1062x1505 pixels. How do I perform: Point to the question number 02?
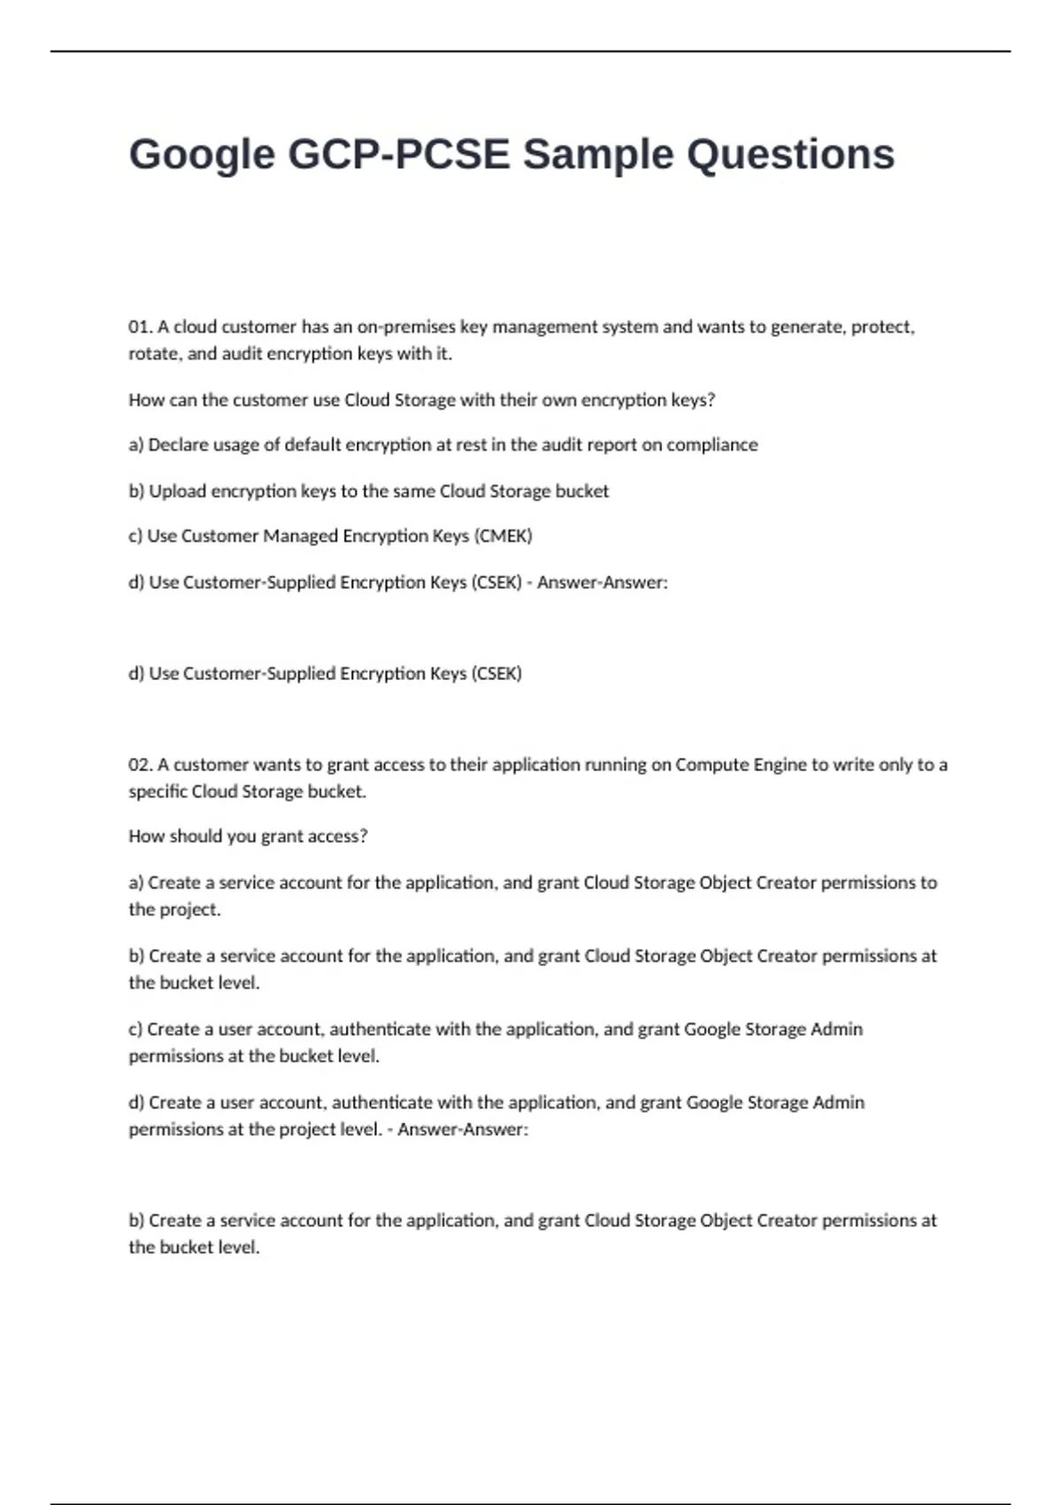coord(141,765)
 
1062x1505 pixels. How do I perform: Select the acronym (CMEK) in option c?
coord(504,536)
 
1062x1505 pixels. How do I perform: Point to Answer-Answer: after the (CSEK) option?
coord(602,583)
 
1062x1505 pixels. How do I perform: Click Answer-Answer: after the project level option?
coord(462,1130)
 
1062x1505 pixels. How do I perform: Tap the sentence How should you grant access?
coord(248,837)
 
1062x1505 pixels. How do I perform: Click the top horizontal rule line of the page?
coord(531,51)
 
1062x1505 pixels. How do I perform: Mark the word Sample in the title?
coord(597,155)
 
